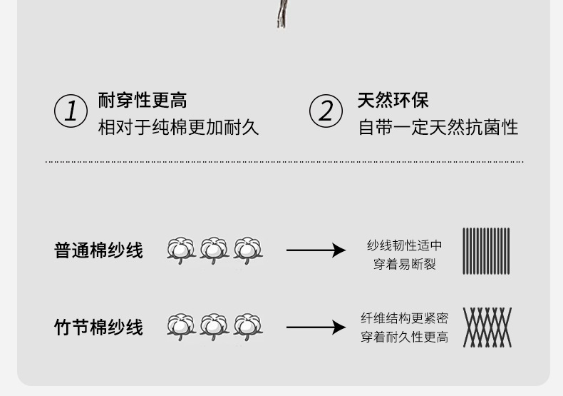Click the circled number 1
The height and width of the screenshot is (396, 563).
tap(71, 111)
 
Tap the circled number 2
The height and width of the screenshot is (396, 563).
tap(326, 111)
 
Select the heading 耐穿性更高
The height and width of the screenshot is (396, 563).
tap(143, 100)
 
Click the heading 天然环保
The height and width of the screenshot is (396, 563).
tap(393, 100)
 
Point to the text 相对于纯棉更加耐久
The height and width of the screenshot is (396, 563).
tap(178, 128)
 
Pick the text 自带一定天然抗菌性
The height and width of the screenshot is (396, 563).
tap(438, 128)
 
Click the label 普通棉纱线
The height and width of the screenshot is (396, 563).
tap(98, 250)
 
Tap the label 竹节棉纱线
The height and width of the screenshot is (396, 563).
tap(98, 328)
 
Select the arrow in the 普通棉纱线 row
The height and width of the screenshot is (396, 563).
tap(315, 250)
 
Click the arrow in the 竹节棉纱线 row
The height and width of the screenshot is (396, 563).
tap(315, 328)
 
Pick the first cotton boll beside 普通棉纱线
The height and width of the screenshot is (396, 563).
tap(181, 250)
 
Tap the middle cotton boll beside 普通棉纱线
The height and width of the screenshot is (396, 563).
tap(215, 250)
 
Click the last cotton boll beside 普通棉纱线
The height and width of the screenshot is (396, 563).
tap(248, 250)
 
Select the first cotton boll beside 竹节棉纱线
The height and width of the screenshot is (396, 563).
tap(181, 326)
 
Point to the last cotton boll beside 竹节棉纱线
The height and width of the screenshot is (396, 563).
tap(248, 326)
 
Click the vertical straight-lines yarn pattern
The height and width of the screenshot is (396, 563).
tap(486, 251)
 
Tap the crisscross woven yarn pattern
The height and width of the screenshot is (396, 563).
tap(487, 328)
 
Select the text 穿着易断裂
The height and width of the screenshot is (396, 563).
tap(404, 264)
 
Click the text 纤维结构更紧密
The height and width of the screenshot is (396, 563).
tap(404, 318)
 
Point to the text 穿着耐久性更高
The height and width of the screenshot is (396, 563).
tap(404, 337)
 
